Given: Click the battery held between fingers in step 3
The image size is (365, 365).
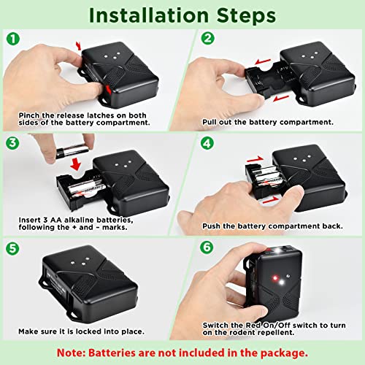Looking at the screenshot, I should pos(69,152).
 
